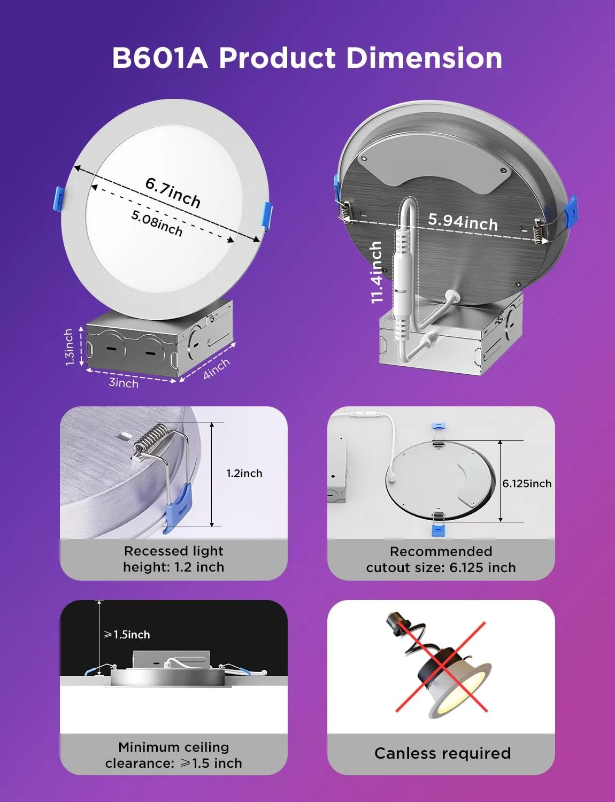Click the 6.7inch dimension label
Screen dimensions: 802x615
(x=173, y=192)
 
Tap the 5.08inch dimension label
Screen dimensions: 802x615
(x=157, y=222)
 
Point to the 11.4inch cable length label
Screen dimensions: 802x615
(x=377, y=272)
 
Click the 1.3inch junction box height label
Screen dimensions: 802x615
(x=69, y=347)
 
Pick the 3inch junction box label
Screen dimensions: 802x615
(x=124, y=383)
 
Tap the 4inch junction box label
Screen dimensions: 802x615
(x=216, y=368)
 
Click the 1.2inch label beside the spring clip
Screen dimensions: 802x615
(x=244, y=473)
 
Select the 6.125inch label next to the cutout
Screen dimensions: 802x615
(x=526, y=483)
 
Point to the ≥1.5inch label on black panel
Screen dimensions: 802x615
(x=127, y=635)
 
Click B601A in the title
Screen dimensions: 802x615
(x=159, y=58)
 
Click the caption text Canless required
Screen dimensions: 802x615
(x=442, y=753)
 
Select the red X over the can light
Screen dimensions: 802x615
(x=441, y=666)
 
